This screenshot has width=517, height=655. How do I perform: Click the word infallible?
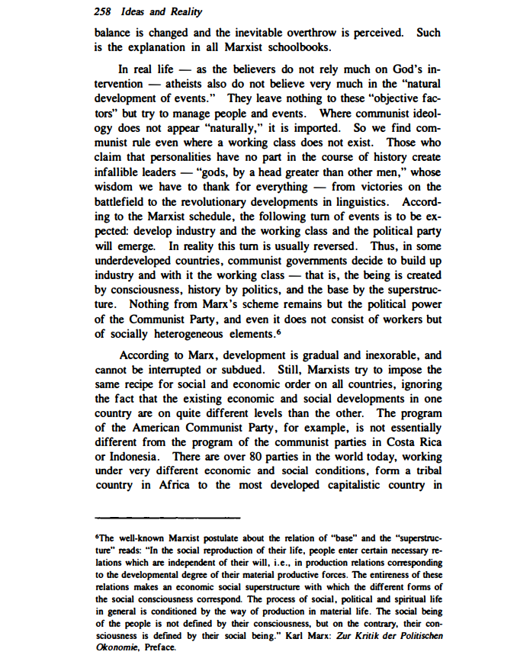tap(118, 172)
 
